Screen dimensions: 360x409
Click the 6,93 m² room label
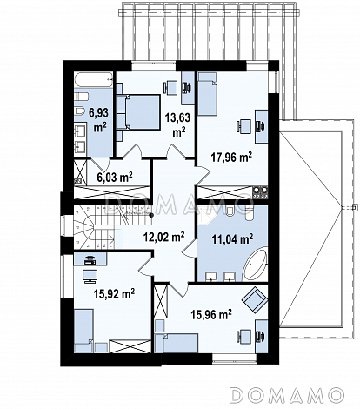click(98, 120)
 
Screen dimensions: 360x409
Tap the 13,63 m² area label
click(177, 125)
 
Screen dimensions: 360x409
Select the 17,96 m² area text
click(231, 158)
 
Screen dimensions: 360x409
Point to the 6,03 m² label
click(115, 177)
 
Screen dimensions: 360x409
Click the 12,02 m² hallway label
click(163, 237)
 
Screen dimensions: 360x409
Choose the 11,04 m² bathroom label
click(232, 239)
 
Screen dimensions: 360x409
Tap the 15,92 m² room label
click(114, 293)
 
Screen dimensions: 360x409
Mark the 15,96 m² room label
click(211, 314)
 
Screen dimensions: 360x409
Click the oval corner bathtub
click(255, 265)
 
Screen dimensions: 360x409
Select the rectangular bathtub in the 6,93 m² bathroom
click(94, 80)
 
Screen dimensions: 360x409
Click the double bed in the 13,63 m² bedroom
click(138, 111)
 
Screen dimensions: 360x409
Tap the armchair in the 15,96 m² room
click(254, 300)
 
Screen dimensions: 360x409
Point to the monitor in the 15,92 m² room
click(90, 276)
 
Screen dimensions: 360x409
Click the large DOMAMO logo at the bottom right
click(287, 394)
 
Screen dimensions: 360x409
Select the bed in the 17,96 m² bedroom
click(207, 93)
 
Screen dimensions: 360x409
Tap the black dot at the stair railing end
click(151, 215)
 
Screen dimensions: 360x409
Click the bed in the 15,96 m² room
click(177, 343)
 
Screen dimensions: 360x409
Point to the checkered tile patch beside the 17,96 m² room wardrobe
click(261, 192)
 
